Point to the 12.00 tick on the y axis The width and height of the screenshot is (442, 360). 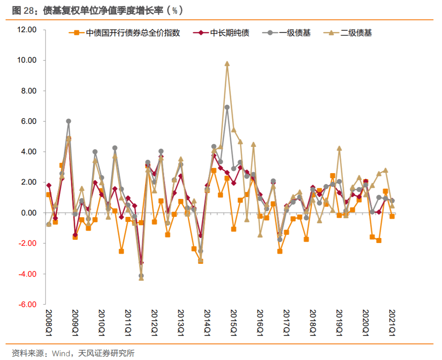pyautogui.click(x=26, y=30)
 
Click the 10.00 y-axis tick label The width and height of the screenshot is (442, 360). pyautogui.click(x=26, y=60)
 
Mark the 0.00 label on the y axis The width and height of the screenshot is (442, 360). pyautogui.click(x=28, y=213)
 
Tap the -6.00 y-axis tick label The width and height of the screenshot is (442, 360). pyautogui.click(x=27, y=304)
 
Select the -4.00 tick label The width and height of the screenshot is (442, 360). pyautogui.click(x=27, y=274)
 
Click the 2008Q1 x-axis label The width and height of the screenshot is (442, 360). pyautogui.click(x=49, y=323)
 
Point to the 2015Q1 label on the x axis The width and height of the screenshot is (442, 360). pyautogui.click(x=233, y=323)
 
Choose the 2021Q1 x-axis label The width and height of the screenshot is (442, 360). pyautogui.click(x=392, y=323)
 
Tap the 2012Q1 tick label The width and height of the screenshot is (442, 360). pyautogui.click(x=154, y=323)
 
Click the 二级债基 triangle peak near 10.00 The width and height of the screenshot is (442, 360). pyautogui.click(x=227, y=64)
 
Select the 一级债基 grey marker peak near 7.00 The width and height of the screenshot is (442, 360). pyautogui.click(x=227, y=107)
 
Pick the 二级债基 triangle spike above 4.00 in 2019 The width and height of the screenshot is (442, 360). pyautogui.click(x=339, y=148)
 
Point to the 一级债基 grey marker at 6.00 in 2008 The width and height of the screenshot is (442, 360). pyautogui.click(x=69, y=121)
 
